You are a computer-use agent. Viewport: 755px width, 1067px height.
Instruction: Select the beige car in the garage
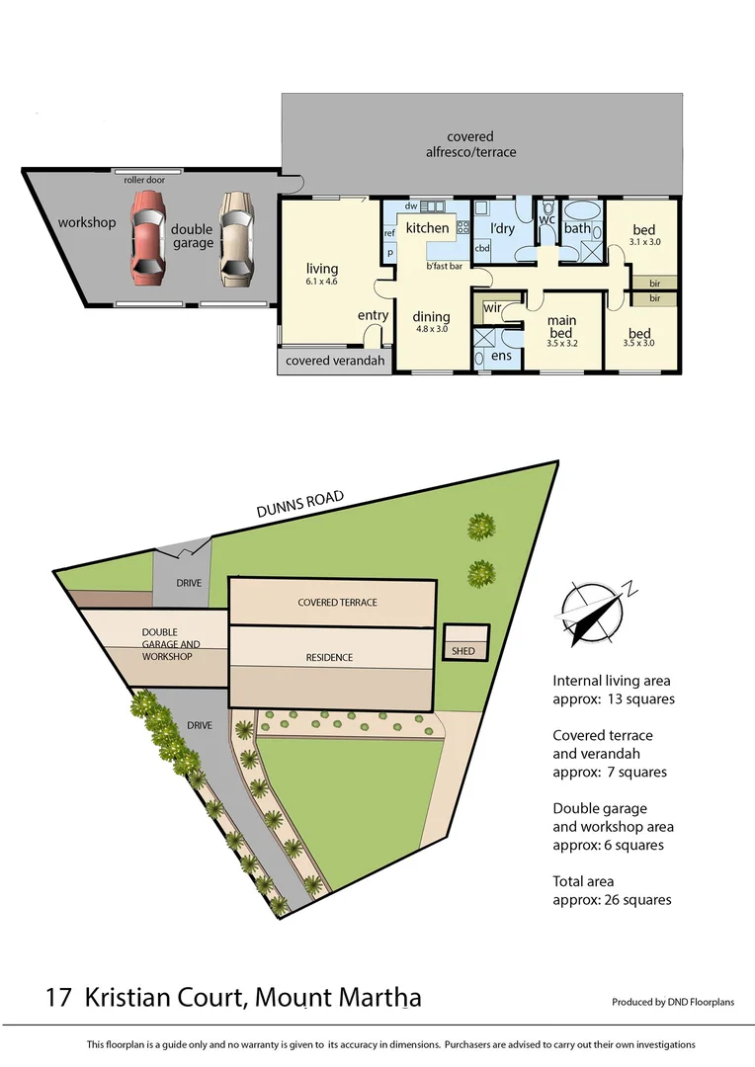236,238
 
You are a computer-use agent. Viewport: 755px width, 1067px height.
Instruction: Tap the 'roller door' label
144,181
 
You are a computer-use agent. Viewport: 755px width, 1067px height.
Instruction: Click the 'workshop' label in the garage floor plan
86,222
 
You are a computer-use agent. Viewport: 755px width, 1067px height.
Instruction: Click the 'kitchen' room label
427,228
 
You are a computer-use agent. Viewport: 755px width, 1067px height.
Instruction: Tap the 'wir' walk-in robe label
491,309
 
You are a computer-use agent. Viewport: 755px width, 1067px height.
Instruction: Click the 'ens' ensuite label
502,356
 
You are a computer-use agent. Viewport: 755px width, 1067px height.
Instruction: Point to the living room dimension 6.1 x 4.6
322,281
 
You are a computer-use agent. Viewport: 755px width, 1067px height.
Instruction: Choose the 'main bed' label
561,326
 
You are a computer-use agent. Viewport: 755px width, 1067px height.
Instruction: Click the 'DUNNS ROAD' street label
299,505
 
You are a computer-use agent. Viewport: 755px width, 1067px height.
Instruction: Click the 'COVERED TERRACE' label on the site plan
337,602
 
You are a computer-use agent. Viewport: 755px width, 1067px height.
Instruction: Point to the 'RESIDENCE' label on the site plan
328,657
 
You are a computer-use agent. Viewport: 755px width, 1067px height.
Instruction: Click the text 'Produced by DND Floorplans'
673,1002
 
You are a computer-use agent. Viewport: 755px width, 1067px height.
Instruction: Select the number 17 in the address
58,997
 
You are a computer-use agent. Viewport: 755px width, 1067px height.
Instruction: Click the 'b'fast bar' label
445,267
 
